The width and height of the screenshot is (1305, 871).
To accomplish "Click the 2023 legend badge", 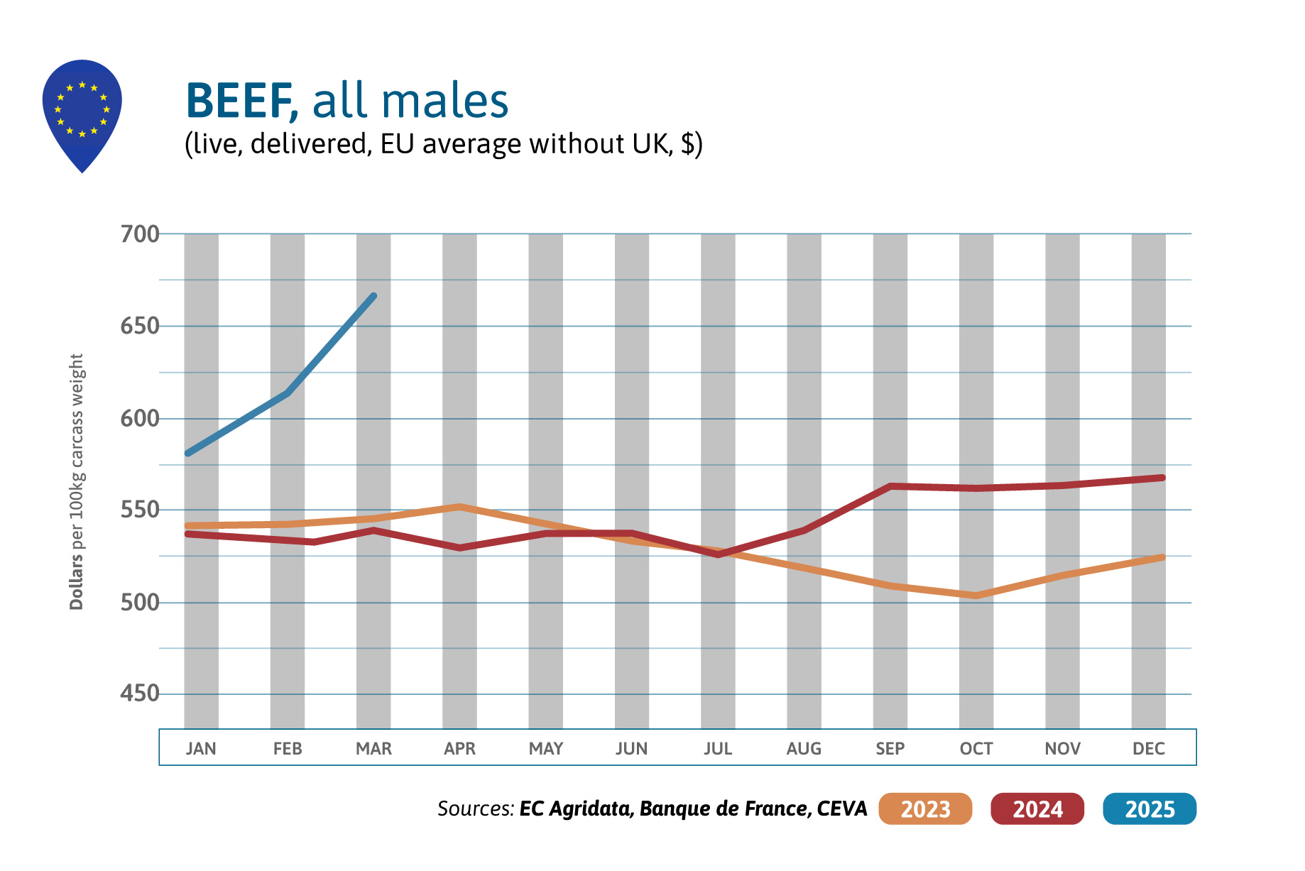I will [x=924, y=809].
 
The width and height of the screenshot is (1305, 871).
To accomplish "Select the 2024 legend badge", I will [x=1037, y=809].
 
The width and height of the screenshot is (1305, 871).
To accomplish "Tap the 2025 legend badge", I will [x=1150, y=809].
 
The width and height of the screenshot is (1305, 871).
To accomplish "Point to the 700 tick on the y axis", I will [x=140, y=234].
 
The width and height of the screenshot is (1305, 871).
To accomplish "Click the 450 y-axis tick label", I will [x=140, y=693].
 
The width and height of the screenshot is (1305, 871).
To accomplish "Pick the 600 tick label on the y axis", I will [x=140, y=418].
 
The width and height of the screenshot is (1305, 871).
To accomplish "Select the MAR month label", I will [x=373, y=748].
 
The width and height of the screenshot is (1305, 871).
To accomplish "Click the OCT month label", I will [x=976, y=748].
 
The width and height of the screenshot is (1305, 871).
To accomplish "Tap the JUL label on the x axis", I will [x=718, y=748].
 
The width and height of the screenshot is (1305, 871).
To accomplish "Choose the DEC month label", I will [x=1148, y=748].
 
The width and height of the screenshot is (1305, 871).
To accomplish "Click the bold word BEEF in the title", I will [x=240, y=101].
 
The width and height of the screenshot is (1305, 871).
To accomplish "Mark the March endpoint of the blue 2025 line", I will [x=373, y=296].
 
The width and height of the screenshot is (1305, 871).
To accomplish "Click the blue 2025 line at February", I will [x=288, y=393].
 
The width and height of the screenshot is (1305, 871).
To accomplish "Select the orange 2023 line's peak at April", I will [x=460, y=507].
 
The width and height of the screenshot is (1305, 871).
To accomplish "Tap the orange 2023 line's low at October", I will [x=976, y=596].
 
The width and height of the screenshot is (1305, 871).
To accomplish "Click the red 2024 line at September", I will [x=890, y=486].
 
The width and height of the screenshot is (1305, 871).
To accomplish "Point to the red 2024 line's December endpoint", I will [x=1162, y=478].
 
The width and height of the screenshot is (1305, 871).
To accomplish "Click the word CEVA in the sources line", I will [x=842, y=809].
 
